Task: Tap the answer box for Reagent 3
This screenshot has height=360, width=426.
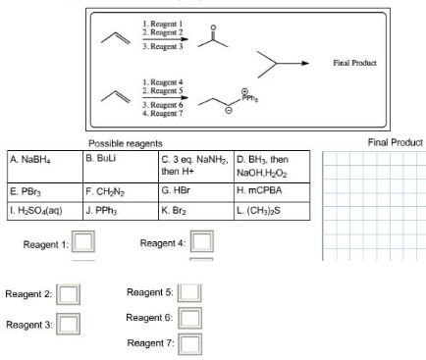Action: point(69,324)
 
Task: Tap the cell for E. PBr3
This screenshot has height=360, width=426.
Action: point(44,193)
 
